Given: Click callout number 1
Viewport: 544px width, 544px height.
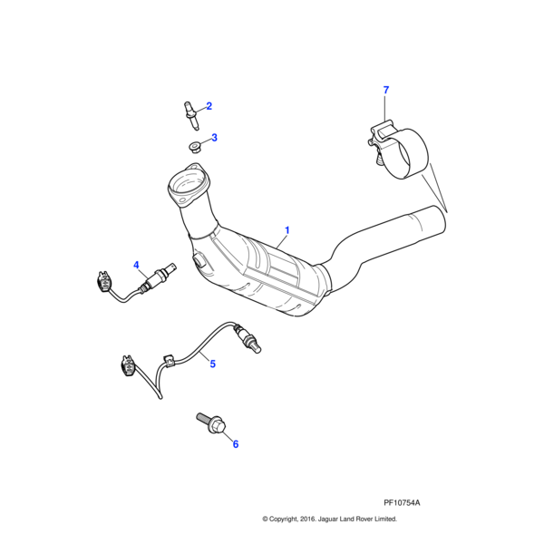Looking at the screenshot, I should point(287,230).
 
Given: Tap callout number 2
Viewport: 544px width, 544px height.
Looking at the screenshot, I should point(209,106).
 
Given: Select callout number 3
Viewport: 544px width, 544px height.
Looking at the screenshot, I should point(214,138).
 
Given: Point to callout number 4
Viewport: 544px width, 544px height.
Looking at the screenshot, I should point(137,265).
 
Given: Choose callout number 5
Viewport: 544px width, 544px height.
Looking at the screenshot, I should point(212,364).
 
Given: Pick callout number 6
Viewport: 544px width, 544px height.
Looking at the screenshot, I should point(235,444).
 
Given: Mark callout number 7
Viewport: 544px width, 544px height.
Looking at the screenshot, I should point(385,90).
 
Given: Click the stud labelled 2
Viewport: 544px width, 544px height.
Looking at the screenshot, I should point(189,112).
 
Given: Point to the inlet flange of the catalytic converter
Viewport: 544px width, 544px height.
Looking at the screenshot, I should point(188,185).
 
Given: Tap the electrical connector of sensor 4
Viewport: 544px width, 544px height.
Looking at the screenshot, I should point(103,280).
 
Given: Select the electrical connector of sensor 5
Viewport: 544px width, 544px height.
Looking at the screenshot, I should point(126,370).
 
